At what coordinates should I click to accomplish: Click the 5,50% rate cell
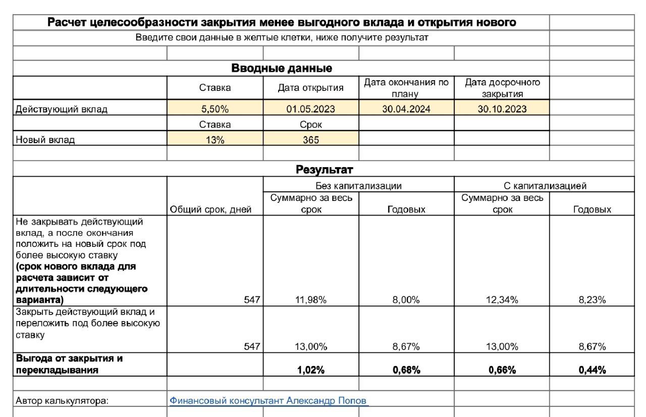pyautogui.click(x=215, y=109)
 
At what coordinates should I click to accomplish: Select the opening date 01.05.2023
pyautogui.click(x=311, y=109)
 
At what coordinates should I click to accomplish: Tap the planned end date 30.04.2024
pyautogui.click(x=406, y=109)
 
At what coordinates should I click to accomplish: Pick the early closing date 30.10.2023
pyautogui.click(x=502, y=109)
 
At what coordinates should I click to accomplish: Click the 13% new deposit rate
pyautogui.click(x=215, y=140)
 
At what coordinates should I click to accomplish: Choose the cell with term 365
pyautogui.click(x=311, y=140)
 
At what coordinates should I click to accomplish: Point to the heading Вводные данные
pyautogui.click(x=281, y=68)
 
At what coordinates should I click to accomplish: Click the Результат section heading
pyautogui.click(x=324, y=169)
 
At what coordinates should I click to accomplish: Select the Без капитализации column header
pyautogui.click(x=359, y=186)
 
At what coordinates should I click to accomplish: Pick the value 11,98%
pyautogui.click(x=311, y=300)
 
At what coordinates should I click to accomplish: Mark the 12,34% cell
pyautogui.click(x=502, y=300)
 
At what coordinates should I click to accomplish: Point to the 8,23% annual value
pyautogui.click(x=592, y=300)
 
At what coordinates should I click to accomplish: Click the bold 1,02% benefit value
pyautogui.click(x=311, y=370)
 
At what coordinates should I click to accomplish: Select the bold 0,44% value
pyautogui.click(x=592, y=370)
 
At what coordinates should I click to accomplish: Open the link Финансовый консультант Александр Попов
pyautogui.click(x=269, y=401)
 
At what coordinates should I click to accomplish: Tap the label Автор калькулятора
pyautogui.click(x=63, y=401)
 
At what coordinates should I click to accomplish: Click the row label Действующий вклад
pyautogui.click(x=62, y=109)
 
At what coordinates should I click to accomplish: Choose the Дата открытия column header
pyautogui.click(x=311, y=88)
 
